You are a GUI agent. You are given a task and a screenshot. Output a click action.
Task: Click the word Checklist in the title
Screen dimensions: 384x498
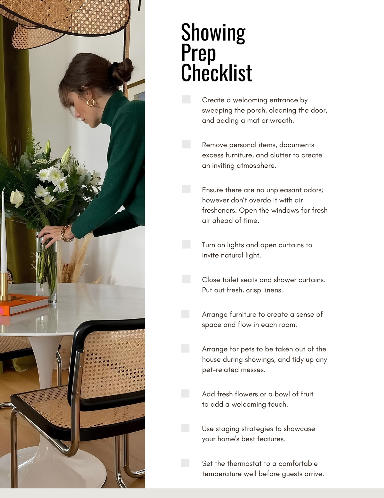tap(216, 73)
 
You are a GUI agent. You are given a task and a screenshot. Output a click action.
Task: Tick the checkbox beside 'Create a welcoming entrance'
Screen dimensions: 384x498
tap(186, 99)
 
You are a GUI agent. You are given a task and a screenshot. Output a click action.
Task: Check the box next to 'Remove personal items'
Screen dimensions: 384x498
tap(186, 144)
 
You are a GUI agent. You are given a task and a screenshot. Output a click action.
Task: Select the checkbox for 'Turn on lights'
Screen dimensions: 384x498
tap(186, 244)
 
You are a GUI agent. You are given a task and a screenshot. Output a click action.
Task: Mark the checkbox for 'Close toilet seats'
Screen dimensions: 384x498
tap(186, 279)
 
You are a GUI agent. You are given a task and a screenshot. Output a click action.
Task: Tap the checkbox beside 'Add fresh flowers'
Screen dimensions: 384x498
tap(185, 393)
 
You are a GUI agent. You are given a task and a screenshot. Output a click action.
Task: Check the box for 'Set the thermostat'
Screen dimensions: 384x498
tap(185, 463)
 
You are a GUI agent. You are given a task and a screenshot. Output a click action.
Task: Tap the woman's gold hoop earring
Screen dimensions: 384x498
tap(91, 102)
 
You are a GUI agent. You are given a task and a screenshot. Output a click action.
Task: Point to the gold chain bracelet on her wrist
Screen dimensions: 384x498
tap(66, 233)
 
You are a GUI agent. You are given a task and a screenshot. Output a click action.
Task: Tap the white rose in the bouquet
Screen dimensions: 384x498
tap(17, 198)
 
